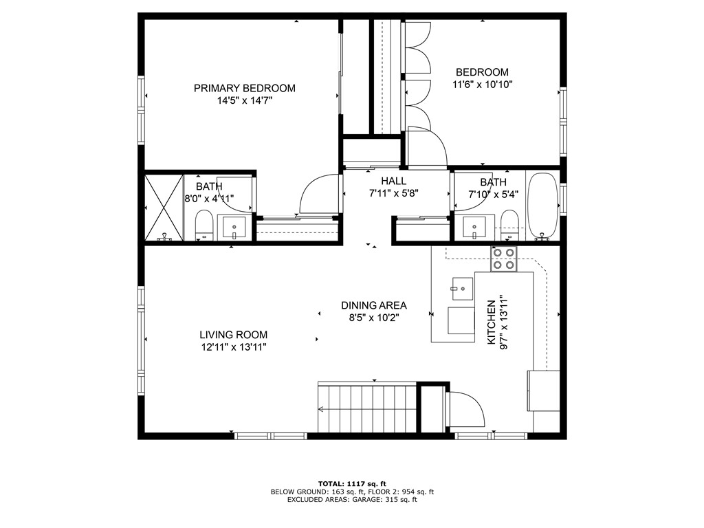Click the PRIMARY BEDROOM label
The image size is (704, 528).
point(244,88)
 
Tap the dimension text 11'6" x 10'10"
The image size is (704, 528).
point(483,85)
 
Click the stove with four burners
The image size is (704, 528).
point(503,258)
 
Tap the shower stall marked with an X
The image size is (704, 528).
point(164,208)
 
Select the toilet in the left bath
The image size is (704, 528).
point(204,225)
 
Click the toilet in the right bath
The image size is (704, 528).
point(509,224)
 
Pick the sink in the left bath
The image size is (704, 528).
point(235,227)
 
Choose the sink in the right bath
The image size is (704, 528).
point(474,227)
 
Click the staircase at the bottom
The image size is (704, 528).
point(367,408)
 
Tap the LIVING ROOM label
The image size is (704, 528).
point(233,335)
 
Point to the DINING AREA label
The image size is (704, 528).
point(374,305)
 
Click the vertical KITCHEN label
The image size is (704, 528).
point(492,322)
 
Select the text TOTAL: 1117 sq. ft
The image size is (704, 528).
point(352,483)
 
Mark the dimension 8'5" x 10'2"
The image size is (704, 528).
point(374,318)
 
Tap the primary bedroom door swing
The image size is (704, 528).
point(318,196)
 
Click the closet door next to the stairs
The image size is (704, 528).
point(464,410)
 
